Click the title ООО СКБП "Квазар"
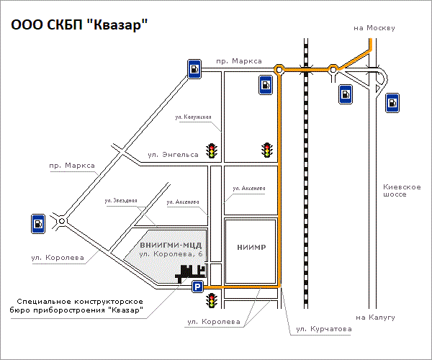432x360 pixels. click(x=78, y=26)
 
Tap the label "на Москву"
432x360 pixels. click(x=375, y=28)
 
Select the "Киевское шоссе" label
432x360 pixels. click(x=401, y=191)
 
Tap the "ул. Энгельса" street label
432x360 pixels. click(x=173, y=153)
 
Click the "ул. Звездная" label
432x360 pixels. click(x=120, y=200)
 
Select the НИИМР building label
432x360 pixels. click(x=251, y=248)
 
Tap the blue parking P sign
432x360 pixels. click(x=197, y=287)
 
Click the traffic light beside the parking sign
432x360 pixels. click(x=212, y=300)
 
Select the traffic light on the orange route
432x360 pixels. click(x=268, y=150)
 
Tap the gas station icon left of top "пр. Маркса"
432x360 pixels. click(x=194, y=69)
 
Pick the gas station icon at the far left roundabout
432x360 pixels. click(x=37, y=224)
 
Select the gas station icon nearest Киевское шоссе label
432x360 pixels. click(x=392, y=103)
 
